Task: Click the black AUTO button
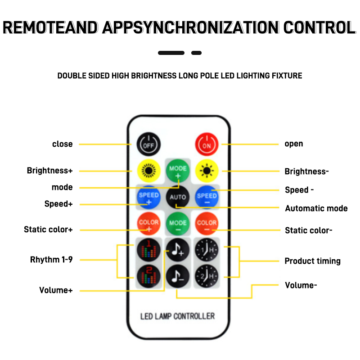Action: [x=178, y=197]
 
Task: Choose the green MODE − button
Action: [x=178, y=223]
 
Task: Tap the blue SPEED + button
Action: [x=148, y=197]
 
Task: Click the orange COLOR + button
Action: [x=148, y=223]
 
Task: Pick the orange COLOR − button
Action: [x=207, y=223]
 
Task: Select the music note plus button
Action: [x=178, y=249]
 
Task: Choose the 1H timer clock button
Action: [x=207, y=249]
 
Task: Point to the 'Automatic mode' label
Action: [x=316, y=208]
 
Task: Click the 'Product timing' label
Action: [x=312, y=261]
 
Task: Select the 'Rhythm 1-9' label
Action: [x=51, y=260]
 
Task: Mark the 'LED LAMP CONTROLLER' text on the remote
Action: [x=178, y=316]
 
